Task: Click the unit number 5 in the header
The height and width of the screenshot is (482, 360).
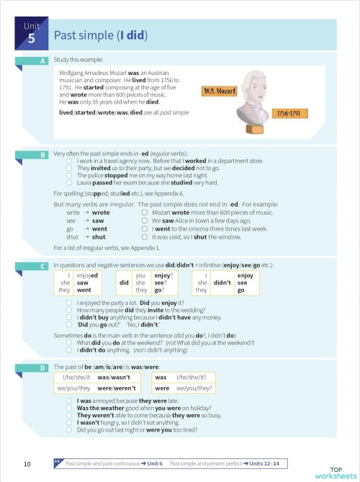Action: click(x=30, y=40)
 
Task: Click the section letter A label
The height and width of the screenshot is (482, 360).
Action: click(x=43, y=61)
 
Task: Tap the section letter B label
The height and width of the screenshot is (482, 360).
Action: click(x=43, y=154)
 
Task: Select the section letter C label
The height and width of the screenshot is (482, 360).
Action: click(x=43, y=267)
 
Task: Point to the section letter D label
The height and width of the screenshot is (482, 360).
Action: click(x=43, y=368)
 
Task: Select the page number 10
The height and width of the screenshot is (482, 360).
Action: click(x=27, y=463)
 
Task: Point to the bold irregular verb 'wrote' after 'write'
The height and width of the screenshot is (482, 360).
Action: click(x=101, y=213)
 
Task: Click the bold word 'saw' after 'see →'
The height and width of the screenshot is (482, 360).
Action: click(x=99, y=221)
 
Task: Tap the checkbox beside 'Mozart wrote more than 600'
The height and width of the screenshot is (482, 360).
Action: click(x=145, y=213)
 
